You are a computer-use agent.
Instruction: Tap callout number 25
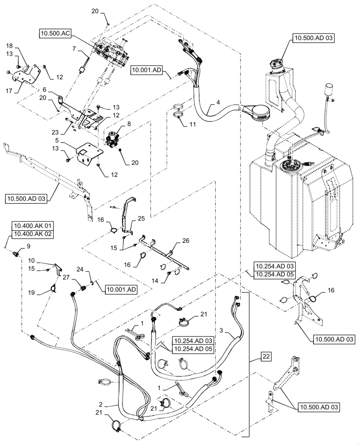(x=141, y=219)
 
